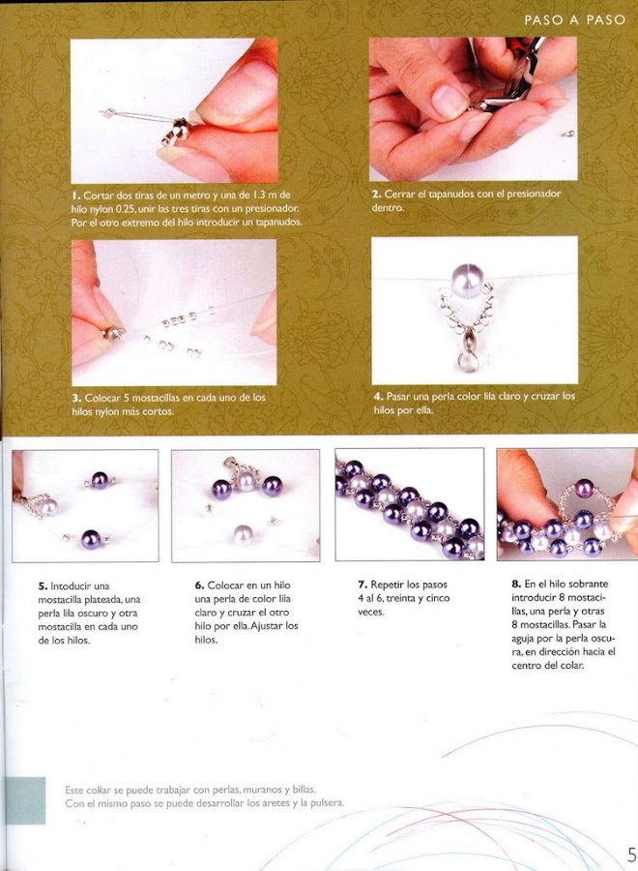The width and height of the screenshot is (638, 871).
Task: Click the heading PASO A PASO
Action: [x=575, y=20]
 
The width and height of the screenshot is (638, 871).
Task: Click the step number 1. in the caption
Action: [x=76, y=195]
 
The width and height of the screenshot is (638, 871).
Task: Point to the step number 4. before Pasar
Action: [x=378, y=397]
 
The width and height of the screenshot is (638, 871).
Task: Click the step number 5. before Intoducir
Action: [x=43, y=586]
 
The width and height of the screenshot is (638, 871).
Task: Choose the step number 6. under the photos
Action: [x=200, y=586]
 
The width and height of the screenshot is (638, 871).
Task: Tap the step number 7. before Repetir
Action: [x=362, y=585]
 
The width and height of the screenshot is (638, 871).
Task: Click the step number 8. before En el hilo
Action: [x=516, y=585]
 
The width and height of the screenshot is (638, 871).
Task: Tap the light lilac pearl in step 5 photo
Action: [x=47, y=506]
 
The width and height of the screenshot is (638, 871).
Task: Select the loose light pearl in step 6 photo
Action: [x=244, y=535]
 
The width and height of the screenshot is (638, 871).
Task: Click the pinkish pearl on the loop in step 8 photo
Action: [x=583, y=489]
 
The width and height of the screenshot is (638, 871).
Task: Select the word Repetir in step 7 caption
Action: [x=388, y=585]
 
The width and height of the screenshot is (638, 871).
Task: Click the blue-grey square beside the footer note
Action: [x=26, y=800]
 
